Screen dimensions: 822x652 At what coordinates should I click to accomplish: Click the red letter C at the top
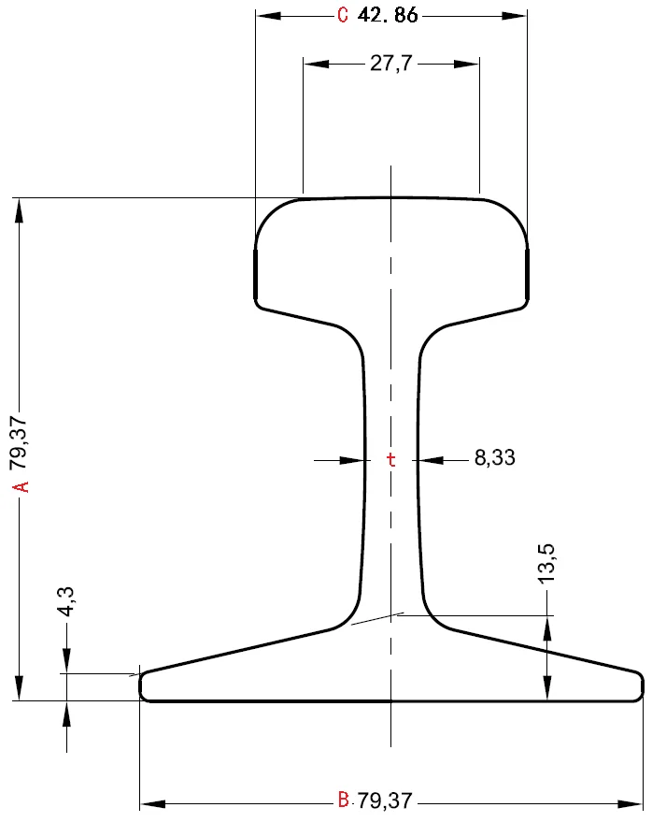tap(342, 15)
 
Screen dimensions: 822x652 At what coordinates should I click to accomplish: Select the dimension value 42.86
tap(388, 15)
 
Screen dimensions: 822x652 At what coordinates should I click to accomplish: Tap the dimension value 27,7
tap(392, 63)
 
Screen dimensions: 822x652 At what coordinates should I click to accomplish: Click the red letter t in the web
tap(391, 459)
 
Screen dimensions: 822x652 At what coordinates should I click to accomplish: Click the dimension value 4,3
tap(66, 600)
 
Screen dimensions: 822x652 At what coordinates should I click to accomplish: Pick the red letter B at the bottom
tap(343, 800)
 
